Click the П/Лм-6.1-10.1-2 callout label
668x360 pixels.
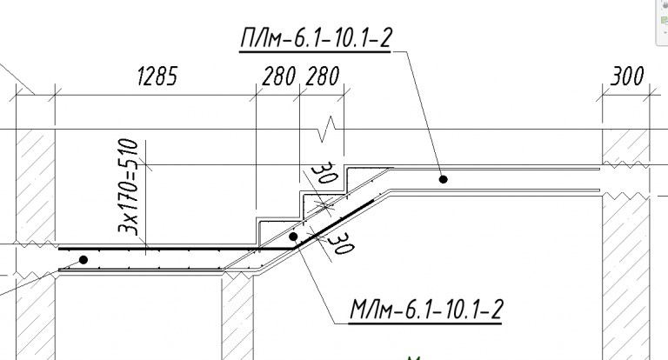pyautogui.click(x=315, y=38)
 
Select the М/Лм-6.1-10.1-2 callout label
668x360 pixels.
pyautogui.click(x=426, y=310)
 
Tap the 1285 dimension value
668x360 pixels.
pyautogui.click(x=157, y=77)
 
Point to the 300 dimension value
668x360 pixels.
pyautogui.click(x=626, y=77)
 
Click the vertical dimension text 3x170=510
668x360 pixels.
pyautogui.click(x=128, y=187)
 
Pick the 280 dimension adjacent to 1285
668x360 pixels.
pyautogui.click(x=278, y=77)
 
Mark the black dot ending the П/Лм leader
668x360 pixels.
pyautogui.click(x=443, y=179)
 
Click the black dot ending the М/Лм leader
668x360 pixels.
pyautogui.click(x=293, y=236)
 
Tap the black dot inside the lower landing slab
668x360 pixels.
pyautogui.click(x=83, y=259)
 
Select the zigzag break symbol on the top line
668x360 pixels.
pyautogui.click(x=327, y=129)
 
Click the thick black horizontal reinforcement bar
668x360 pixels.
pyautogui.click(x=177, y=249)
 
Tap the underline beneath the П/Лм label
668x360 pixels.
pyautogui.click(x=315, y=52)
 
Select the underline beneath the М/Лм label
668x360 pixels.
pyautogui.click(x=425, y=323)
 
